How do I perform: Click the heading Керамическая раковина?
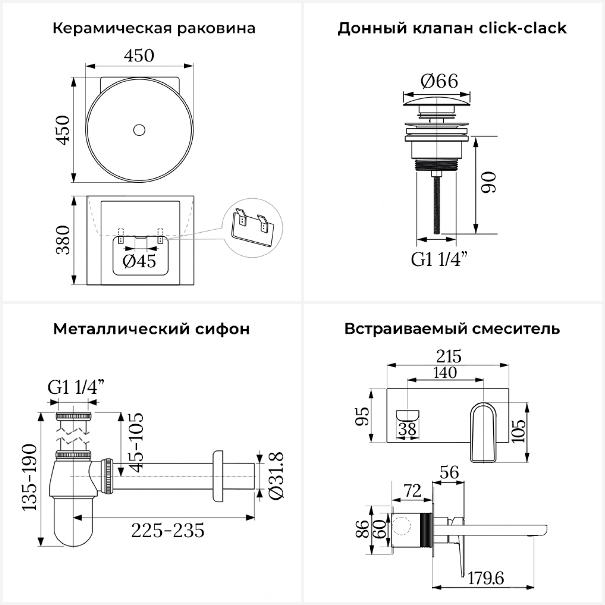(154, 29)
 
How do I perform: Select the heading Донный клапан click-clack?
(452, 29)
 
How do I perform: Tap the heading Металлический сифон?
(151, 329)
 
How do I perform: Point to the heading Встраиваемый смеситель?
(452, 329)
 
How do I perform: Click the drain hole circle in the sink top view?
(139, 130)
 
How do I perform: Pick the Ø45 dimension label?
(139, 261)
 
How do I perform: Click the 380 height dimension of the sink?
(63, 240)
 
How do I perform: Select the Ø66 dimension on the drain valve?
(439, 81)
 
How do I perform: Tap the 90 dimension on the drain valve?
(489, 182)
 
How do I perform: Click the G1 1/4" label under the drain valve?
(439, 259)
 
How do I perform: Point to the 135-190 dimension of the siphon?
(29, 478)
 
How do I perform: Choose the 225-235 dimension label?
(168, 530)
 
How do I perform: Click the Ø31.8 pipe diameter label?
(276, 476)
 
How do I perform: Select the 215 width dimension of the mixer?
(449, 357)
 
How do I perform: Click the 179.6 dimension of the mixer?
(486, 578)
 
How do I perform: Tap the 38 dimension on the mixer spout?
(407, 429)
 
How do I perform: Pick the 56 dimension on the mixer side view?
(449, 472)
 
